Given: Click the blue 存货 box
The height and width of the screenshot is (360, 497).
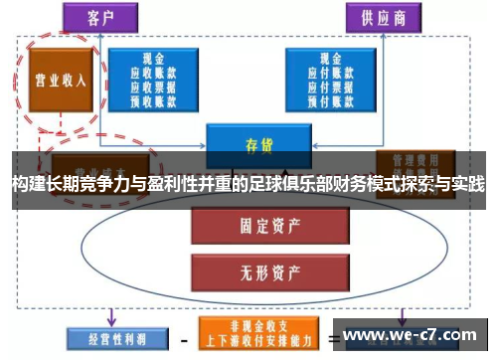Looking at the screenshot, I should click(257, 145).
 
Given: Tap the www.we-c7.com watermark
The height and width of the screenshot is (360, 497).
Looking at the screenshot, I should click(414, 334).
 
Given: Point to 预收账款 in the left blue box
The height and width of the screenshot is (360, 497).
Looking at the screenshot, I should click(153, 99).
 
